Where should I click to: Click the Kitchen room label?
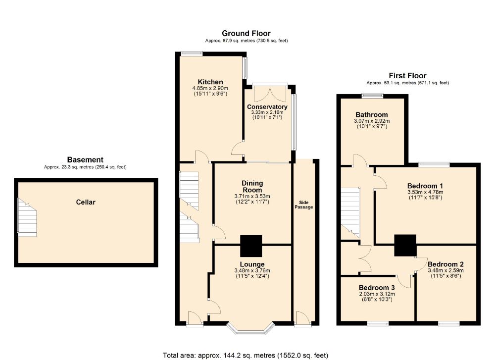coord(210,82)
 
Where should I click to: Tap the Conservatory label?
coord(267,107)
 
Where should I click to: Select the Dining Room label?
coord(252,186)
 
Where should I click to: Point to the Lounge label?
coord(252,264)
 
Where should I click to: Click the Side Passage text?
coord(304,205)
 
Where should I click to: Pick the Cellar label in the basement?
coord(86,202)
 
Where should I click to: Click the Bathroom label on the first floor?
coord(372,114)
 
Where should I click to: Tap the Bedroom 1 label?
coord(425,186)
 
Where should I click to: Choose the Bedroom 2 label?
coord(446,264)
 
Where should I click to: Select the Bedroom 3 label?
coord(377,288)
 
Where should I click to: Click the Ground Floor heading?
coord(246,33)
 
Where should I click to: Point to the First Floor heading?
coord(407,75)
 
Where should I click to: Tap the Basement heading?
coord(85,160)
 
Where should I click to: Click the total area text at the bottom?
coord(246,355)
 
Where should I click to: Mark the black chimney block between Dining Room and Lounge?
coord(251,246)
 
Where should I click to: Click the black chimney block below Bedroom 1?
coord(405,246)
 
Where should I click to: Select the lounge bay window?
coord(250,329)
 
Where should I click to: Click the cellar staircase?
coord(27,217)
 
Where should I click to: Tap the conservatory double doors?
coord(270,92)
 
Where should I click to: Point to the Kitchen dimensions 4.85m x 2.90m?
coord(210,89)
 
